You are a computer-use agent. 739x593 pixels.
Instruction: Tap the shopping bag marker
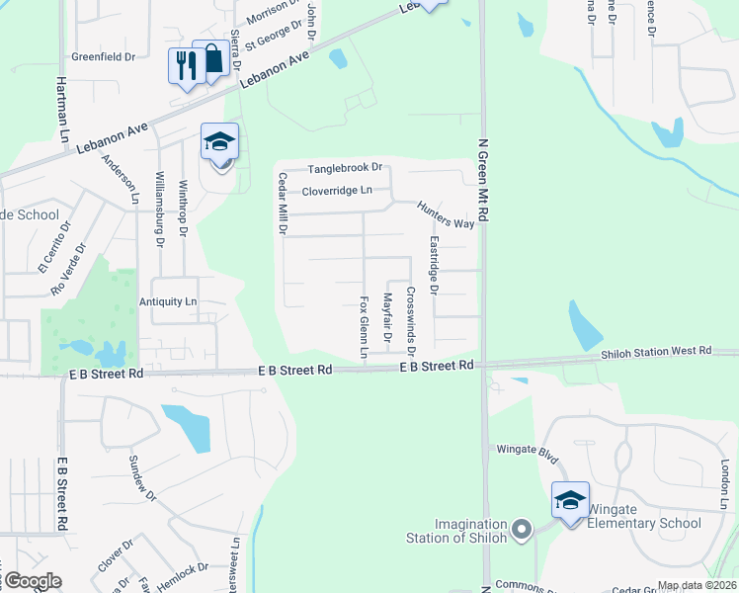211,59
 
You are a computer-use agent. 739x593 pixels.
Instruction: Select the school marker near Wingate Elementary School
570,502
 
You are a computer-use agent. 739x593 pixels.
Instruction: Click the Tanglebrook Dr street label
344,169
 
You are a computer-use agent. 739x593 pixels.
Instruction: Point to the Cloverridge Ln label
337,190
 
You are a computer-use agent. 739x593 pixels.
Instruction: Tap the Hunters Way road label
446,215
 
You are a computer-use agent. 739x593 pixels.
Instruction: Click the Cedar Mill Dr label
283,204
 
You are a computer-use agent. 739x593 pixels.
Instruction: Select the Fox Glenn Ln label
364,326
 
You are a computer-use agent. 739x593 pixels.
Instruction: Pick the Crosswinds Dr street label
411,321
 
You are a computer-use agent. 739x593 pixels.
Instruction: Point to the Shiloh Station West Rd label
656,351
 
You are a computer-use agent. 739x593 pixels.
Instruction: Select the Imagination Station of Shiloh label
456,531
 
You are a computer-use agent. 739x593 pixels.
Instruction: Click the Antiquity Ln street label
169,301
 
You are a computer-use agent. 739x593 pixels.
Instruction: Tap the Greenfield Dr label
103,57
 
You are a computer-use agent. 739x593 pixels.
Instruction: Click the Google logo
32,581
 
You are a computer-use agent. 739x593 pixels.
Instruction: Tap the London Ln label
724,479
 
